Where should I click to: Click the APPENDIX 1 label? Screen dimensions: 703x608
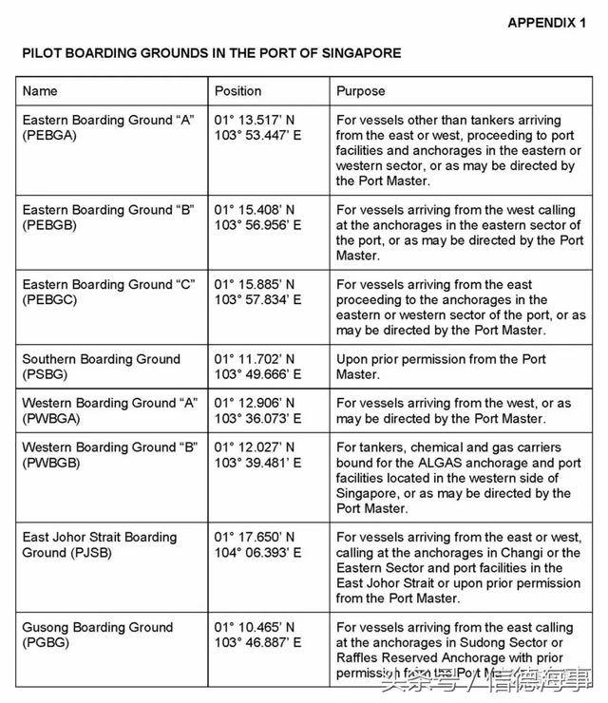pos(547,23)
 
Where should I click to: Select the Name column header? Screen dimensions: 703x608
pos(40,91)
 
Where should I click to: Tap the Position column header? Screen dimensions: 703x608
pos(237,91)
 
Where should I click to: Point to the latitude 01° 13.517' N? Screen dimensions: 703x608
pos(255,121)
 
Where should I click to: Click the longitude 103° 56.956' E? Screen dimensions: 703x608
pos(258,225)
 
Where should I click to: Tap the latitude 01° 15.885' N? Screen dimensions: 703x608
pos(255,284)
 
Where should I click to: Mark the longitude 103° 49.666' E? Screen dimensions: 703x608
pos(258,374)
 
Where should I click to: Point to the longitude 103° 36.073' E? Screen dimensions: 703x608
pos(258,418)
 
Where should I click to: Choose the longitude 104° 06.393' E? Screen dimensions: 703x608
pos(258,552)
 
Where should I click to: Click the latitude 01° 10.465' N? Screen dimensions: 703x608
pos(255,627)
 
